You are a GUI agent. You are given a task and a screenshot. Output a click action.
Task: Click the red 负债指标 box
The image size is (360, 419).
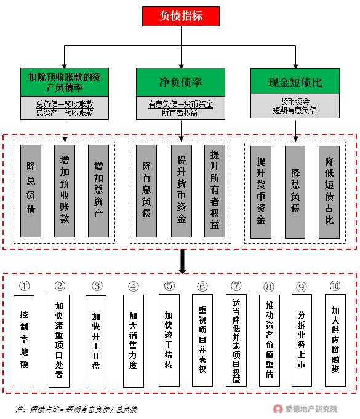(x=181, y=16)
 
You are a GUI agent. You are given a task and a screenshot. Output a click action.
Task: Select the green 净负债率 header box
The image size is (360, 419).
(x=180, y=82)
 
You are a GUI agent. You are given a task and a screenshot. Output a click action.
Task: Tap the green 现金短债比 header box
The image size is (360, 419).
(x=295, y=81)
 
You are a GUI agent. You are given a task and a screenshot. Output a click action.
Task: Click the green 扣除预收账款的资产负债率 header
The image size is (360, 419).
(x=65, y=82)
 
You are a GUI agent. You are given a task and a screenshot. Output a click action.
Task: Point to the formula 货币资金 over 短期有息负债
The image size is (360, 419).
(x=295, y=106)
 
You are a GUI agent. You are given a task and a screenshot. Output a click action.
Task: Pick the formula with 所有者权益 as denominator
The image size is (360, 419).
(x=180, y=108)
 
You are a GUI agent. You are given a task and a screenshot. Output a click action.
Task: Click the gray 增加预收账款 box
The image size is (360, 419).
(x=65, y=191)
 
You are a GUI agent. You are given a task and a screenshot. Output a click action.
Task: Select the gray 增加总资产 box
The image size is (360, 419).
(x=98, y=191)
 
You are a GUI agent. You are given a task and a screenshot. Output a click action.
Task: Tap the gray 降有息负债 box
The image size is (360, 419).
(x=146, y=191)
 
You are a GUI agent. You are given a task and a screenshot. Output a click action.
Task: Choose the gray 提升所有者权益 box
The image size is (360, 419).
(x=215, y=191)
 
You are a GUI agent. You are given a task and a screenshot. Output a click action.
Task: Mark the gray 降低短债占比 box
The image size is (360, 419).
(x=329, y=192)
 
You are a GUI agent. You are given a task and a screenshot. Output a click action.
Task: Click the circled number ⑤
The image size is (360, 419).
(x=169, y=285)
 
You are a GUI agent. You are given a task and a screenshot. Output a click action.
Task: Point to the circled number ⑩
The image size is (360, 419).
(x=335, y=285)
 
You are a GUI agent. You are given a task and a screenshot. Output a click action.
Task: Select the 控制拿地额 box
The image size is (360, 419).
(x=24, y=341)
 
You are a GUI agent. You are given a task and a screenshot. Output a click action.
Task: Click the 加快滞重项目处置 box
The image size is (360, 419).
(x=59, y=341)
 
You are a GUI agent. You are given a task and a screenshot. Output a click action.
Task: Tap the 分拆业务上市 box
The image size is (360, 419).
(x=302, y=340)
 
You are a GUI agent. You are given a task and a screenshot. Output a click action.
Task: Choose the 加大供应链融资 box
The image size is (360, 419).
(x=335, y=340)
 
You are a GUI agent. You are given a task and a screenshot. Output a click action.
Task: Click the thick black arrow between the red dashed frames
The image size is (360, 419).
(x=183, y=261)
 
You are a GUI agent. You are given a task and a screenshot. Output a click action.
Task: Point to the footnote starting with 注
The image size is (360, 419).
(x=76, y=409)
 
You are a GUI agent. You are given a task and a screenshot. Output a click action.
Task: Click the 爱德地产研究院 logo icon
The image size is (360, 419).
(x=278, y=409)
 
